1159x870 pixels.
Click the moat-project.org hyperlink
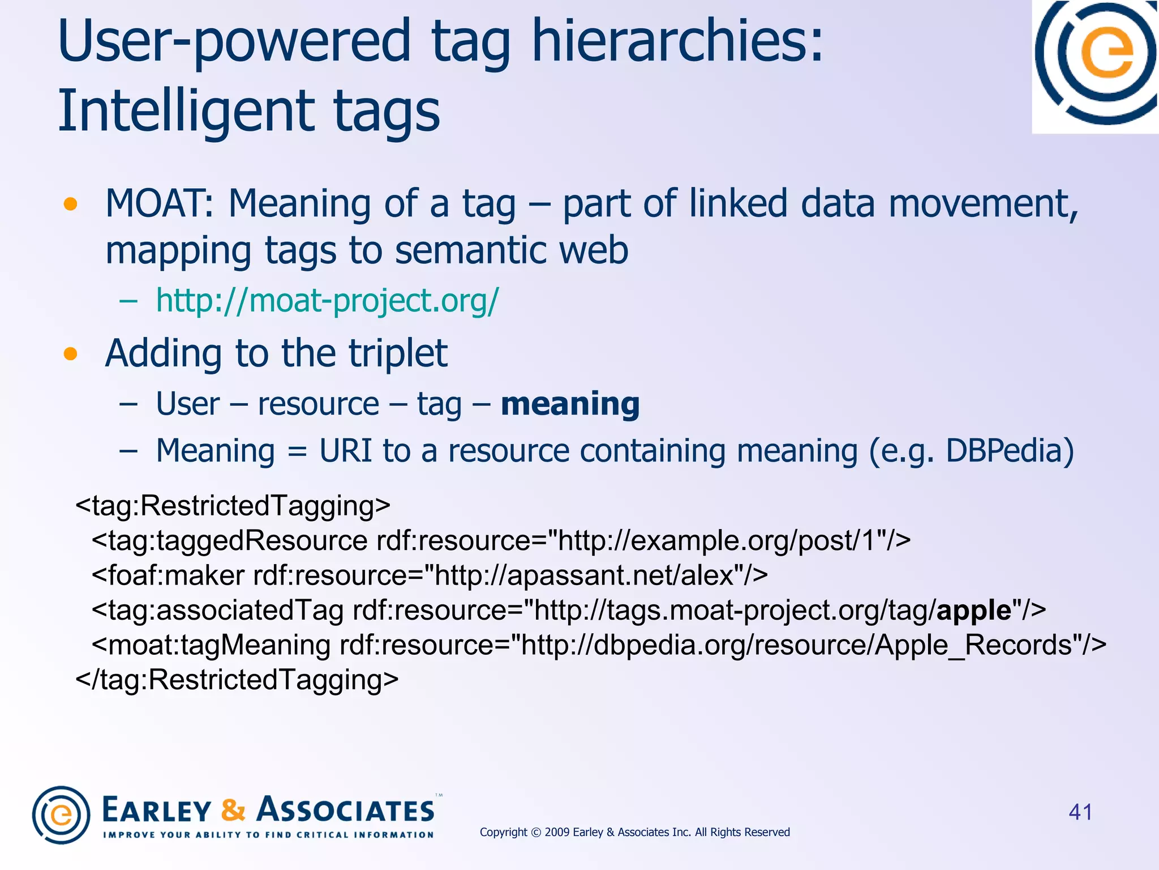coord(327,301)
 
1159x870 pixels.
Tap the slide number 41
coord(1080,812)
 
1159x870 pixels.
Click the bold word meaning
coord(570,404)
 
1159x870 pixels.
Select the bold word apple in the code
coord(974,611)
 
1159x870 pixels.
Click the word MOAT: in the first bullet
coord(159,204)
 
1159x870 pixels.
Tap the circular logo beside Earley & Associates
coord(61,815)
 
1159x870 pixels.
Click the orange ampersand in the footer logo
coord(233,810)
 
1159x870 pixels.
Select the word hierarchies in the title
coord(676,41)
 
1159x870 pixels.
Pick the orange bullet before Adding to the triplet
coord(70,354)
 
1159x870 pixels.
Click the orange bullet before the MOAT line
coord(70,204)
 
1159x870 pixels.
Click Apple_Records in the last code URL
coord(973,645)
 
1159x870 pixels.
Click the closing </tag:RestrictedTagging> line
coord(237,680)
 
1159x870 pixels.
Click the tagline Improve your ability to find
coord(268,834)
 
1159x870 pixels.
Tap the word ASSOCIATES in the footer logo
coord(346,810)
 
